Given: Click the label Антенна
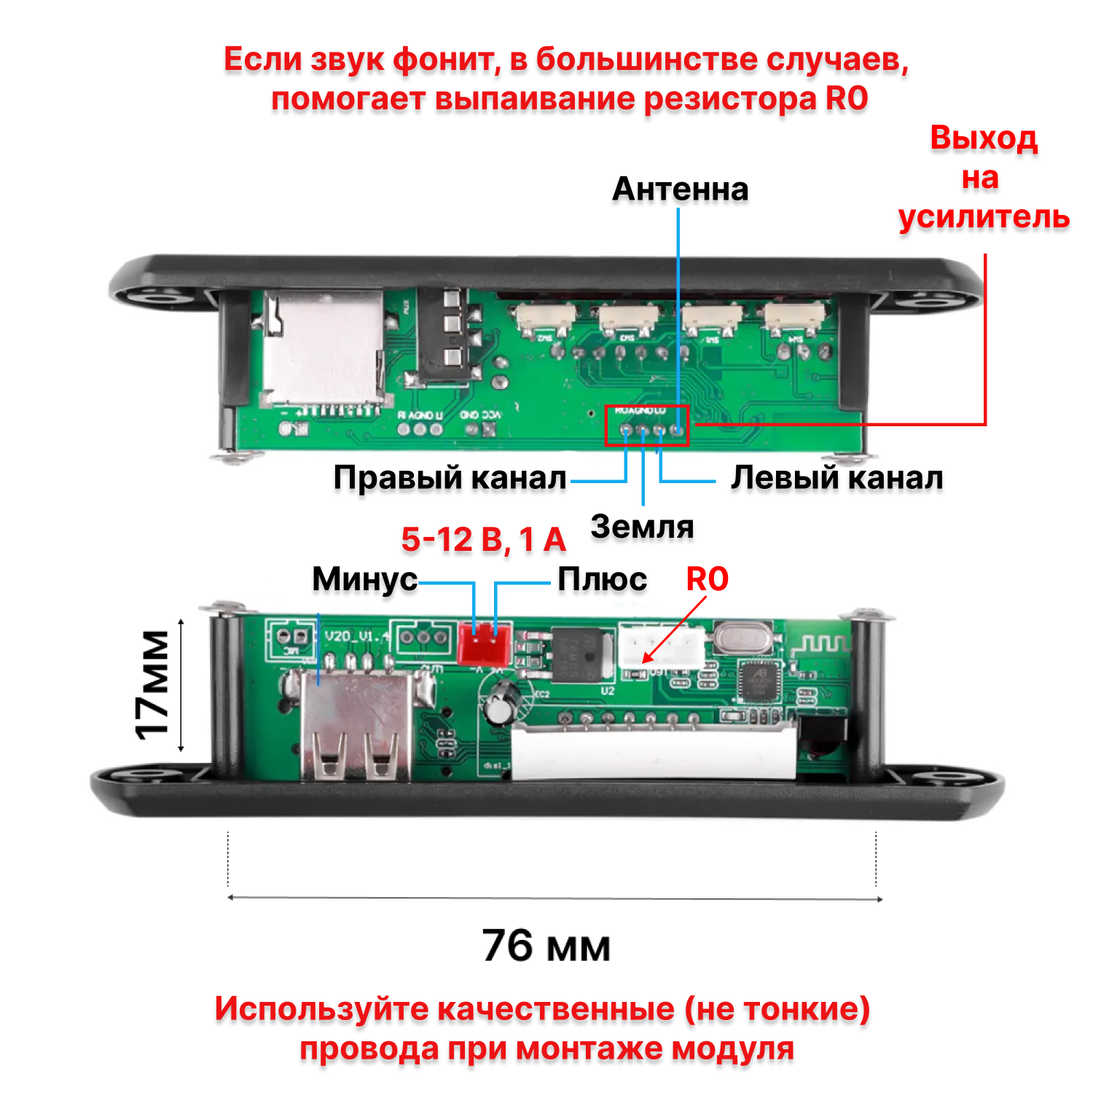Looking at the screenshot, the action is tap(680, 189).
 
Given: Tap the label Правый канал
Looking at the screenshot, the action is tap(450, 478).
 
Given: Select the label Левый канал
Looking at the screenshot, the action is tap(837, 478).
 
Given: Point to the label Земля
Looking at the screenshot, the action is tap(642, 527).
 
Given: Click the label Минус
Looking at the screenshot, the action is tap(364, 579).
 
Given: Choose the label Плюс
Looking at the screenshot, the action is tap(602, 579).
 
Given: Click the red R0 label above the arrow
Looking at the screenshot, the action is tap(707, 579).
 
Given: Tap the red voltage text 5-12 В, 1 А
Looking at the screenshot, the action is tap(483, 540).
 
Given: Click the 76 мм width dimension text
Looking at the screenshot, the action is tap(546, 946).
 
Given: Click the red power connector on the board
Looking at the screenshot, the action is tap(484, 644).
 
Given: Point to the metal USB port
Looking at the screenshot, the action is tap(357, 729).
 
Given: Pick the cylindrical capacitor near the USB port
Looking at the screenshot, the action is tap(501, 702).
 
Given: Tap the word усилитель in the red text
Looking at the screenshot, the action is tap(984, 217).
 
